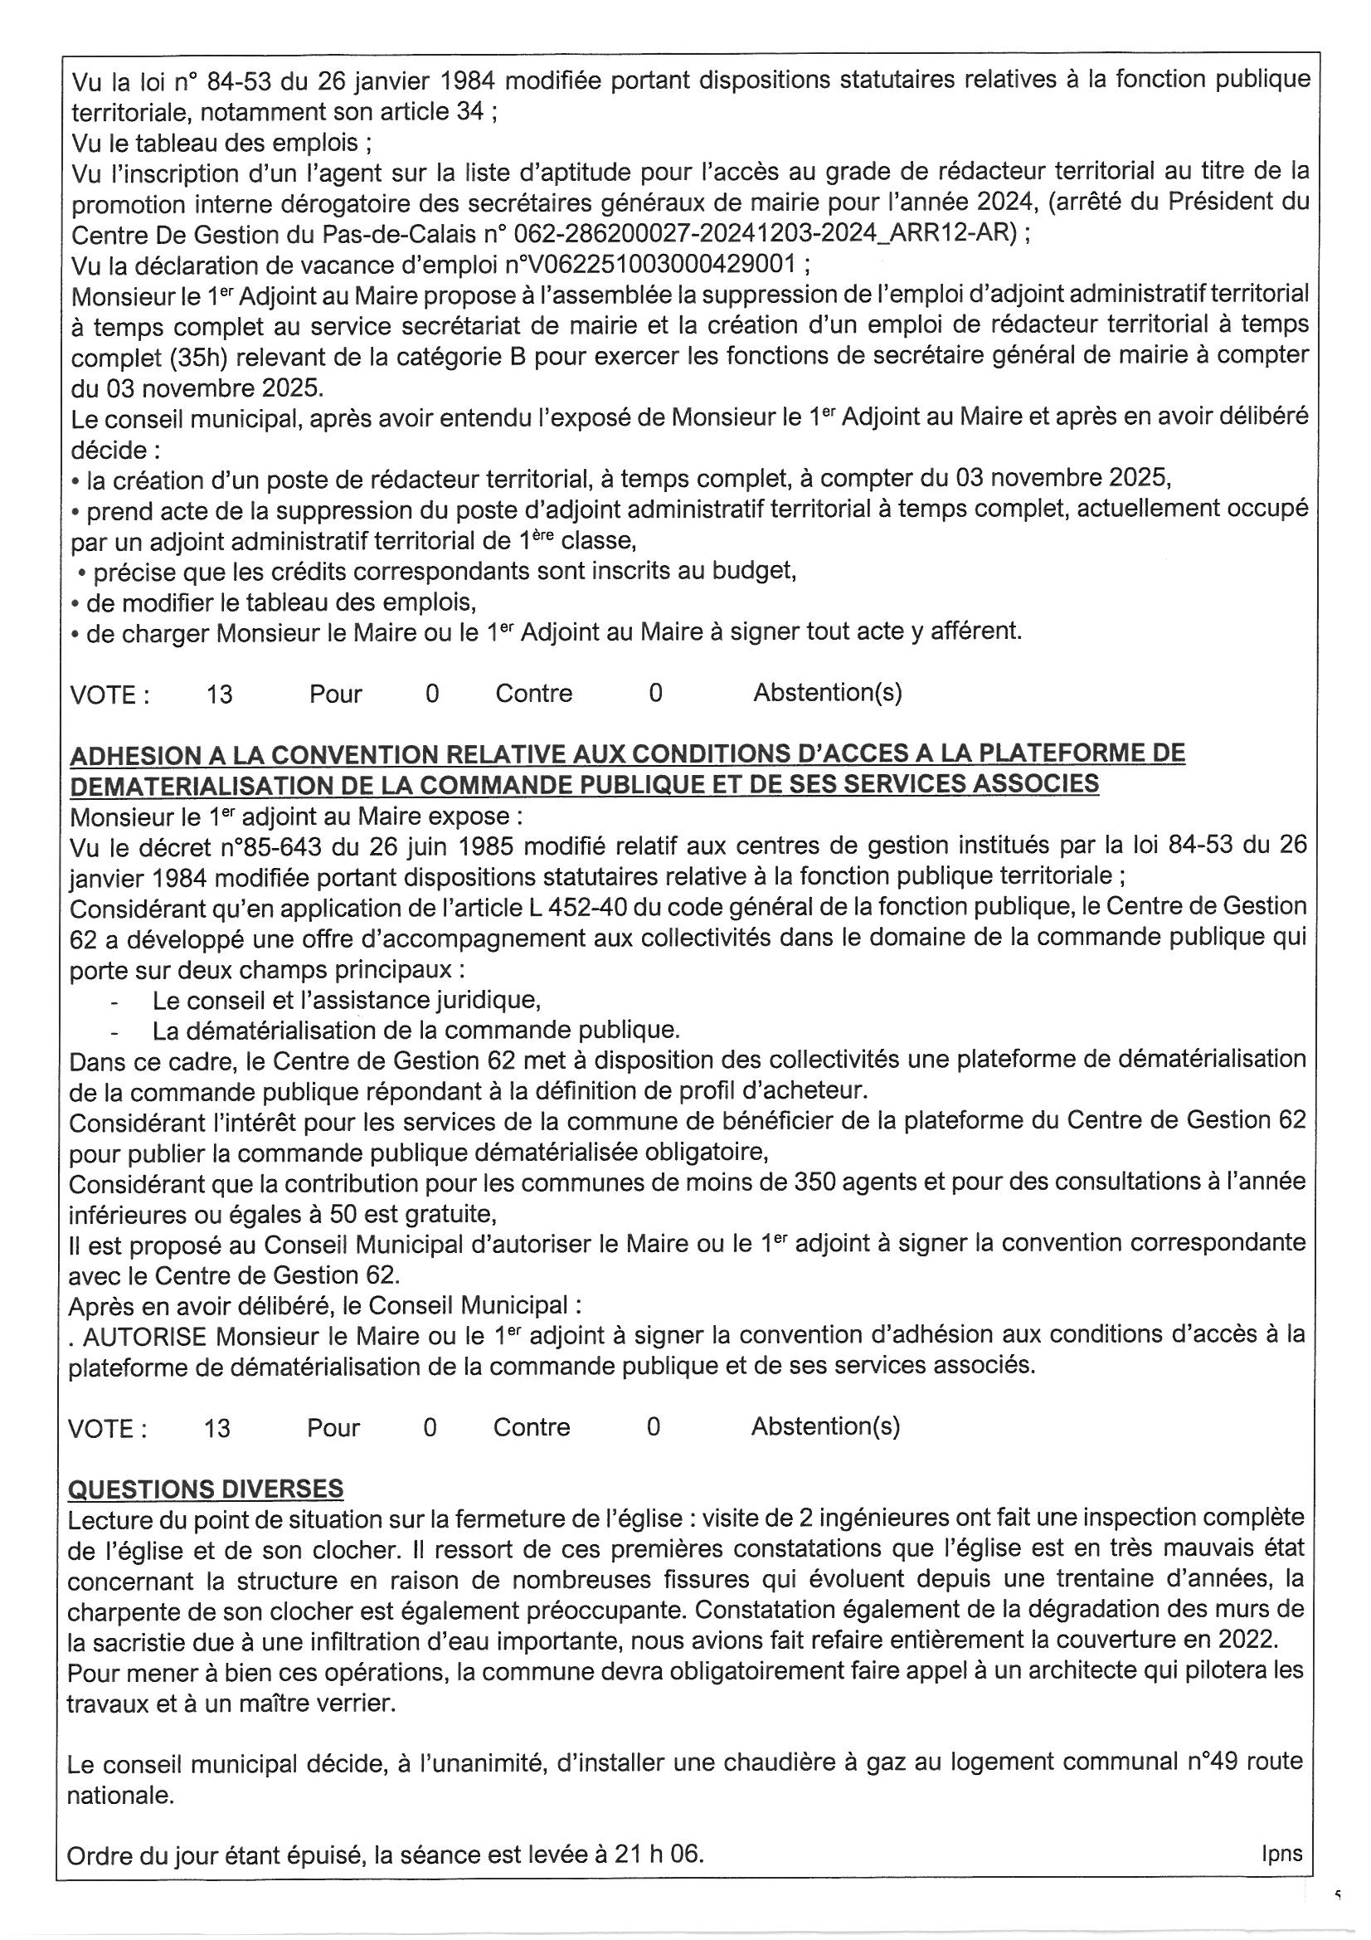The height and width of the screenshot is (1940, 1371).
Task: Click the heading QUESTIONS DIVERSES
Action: click(207, 1488)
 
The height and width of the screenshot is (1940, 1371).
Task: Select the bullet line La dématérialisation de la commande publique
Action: click(416, 1030)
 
